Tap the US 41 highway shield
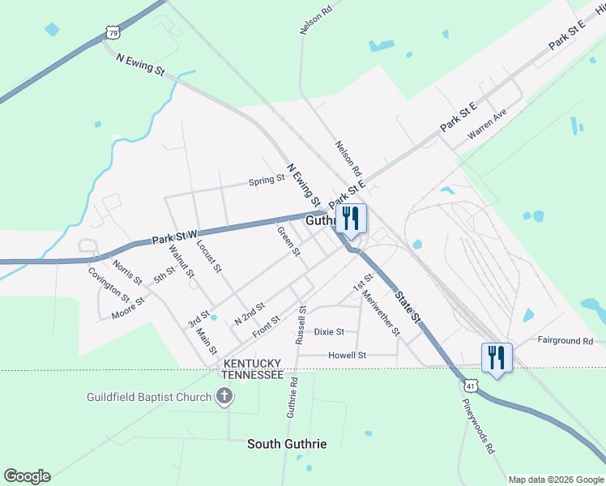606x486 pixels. pos(471,381)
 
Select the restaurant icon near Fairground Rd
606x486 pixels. pos(496,357)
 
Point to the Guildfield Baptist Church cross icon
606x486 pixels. pos(225,397)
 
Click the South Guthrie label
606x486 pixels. pos(288,444)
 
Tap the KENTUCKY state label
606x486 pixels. pos(253,363)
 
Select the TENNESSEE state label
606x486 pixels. pos(253,376)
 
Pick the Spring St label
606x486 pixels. pos(267,180)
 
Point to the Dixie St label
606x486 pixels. pos(330,331)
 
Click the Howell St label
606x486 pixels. pos(348,355)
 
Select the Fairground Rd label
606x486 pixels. pos(565,341)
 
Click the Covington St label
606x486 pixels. pos(109,283)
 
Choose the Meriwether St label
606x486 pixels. pos(382,314)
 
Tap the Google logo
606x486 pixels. pos(27,476)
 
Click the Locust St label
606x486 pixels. pos(208,254)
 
